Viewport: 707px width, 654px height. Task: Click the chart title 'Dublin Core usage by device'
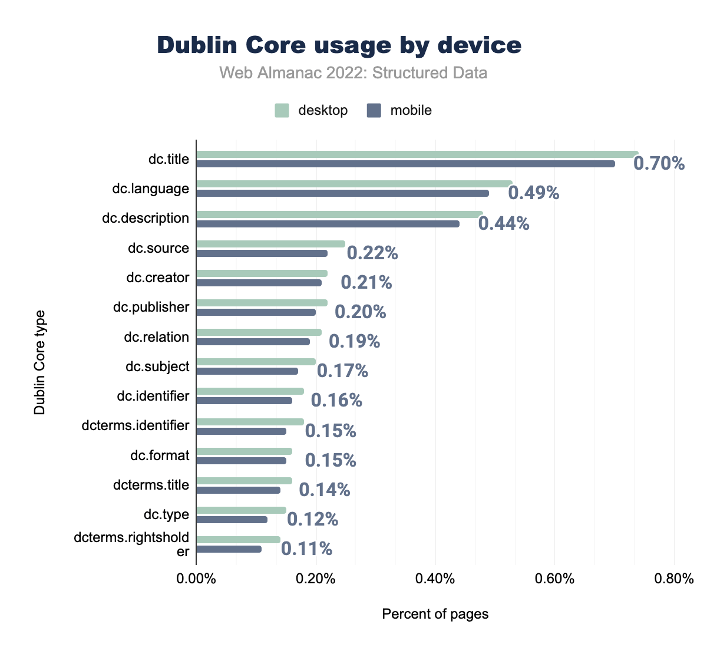tap(339, 45)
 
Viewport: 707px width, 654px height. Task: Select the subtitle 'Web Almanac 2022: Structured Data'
tap(353, 73)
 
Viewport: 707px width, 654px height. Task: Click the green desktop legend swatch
tap(282, 110)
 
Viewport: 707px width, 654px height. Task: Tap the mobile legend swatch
tap(374, 110)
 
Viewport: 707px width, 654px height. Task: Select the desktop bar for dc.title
tap(417, 154)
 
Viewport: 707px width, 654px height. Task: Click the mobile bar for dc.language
tap(342, 193)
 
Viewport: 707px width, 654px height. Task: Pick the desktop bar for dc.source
tap(270, 243)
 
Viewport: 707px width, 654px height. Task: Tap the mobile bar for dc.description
tap(328, 223)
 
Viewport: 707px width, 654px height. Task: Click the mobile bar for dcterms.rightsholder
tap(229, 549)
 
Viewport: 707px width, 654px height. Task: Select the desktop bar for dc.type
tap(241, 510)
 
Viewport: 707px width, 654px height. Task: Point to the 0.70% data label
tap(659, 163)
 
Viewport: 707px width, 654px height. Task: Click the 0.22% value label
tap(372, 253)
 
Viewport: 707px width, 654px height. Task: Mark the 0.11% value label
tap(306, 549)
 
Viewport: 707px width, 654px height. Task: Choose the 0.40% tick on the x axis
tap(435, 579)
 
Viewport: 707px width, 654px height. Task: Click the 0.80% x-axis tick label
tap(674, 579)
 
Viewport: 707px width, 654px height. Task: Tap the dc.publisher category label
tap(151, 307)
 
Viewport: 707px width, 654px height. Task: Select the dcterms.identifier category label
tap(136, 425)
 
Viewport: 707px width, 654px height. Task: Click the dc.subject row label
tap(157, 366)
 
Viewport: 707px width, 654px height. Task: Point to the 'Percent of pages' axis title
tap(435, 614)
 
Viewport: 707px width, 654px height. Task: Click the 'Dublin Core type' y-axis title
tap(39, 362)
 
